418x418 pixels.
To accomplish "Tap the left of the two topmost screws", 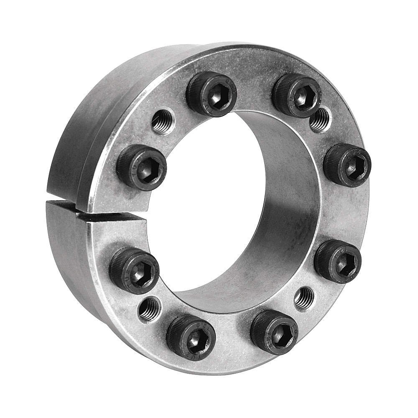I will [212, 94].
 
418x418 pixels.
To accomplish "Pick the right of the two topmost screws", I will [297, 95].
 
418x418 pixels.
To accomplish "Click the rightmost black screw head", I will [347, 166].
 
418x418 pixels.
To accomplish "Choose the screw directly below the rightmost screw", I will [338, 261].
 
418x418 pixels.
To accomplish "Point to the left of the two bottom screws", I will [191, 335].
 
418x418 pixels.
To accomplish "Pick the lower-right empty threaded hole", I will [304, 298].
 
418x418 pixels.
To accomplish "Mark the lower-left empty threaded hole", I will [149, 309].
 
